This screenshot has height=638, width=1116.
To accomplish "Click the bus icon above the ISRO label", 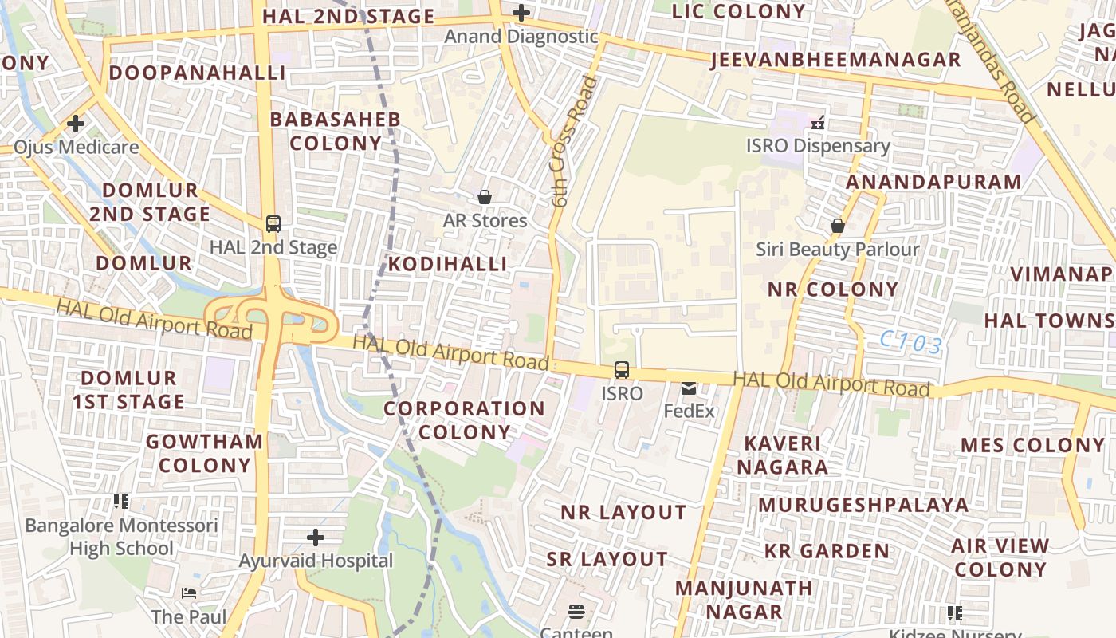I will click(621, 370).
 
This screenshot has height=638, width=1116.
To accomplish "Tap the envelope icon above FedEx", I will click(689, 388).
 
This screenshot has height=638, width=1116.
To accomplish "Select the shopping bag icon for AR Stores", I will click(484, 197).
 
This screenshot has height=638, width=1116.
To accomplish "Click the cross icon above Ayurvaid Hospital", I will click(316, 538).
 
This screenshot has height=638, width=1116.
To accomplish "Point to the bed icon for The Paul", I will click(189, 593).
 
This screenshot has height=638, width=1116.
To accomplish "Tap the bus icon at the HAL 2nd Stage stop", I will click(273, 224).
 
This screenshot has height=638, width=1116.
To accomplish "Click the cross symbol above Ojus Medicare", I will click(76, 124).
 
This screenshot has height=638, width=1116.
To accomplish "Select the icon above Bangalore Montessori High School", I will click(121, 502).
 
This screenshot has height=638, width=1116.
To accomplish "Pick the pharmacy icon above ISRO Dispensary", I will click(817, 123).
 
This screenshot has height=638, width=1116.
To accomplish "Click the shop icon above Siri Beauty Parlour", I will click(837, 226).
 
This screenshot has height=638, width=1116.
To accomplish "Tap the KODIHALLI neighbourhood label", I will click(447, 264).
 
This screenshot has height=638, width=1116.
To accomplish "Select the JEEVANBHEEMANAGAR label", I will click(835, 60).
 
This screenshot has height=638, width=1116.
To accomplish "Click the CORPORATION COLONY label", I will click(465, 420).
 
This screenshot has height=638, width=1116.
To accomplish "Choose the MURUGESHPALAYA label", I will click(863, 505).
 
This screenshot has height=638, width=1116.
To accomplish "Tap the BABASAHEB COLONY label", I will click(335, 132).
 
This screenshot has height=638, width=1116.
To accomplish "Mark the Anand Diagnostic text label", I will click(521, 37).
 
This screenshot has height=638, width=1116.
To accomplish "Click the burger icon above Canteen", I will click(576, 612).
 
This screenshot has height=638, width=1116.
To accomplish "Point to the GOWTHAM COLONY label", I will click(205, 453).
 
